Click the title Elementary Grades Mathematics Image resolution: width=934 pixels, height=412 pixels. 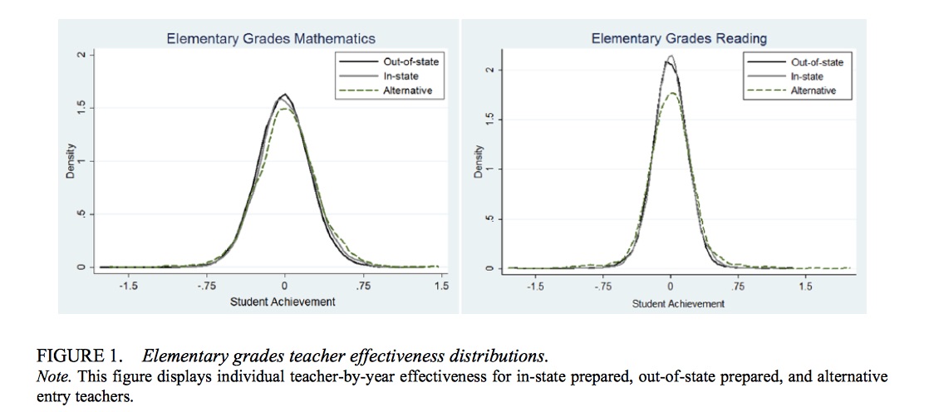pos(271,38)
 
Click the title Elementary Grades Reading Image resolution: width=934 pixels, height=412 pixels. pos(679,38)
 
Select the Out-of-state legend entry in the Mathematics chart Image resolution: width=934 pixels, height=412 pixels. pos(410,61)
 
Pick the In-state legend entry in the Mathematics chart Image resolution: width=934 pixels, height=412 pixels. pos(401,76)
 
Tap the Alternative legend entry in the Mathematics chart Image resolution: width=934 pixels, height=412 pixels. pos(407,91)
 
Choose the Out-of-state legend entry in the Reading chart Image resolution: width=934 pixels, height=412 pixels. pos(817,62)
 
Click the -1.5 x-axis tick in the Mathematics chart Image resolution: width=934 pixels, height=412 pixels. pos(129,286)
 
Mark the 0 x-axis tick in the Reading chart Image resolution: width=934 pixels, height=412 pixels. pos(670,287)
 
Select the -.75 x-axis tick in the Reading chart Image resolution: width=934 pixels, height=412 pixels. pos(603,287)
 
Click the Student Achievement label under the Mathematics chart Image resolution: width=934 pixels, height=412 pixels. pos(283,302)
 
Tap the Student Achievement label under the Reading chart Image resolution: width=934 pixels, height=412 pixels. pos(678,303)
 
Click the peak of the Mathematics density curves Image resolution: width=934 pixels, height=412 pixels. pos(285,95)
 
